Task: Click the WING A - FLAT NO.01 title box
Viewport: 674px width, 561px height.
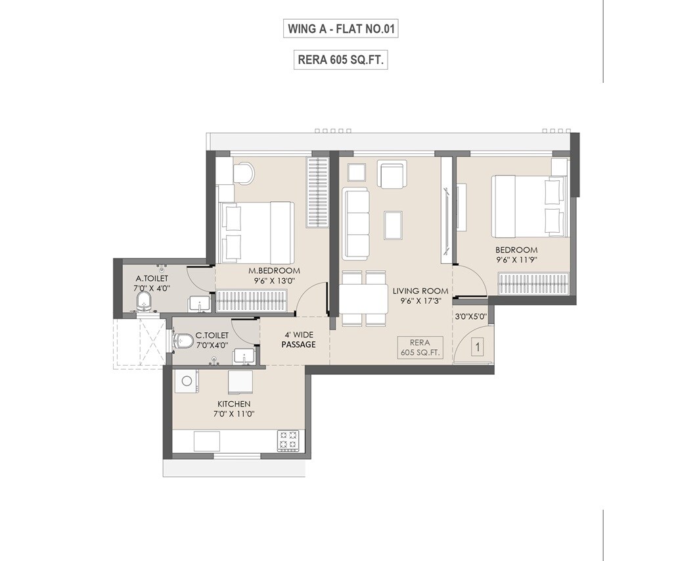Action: (341, 29)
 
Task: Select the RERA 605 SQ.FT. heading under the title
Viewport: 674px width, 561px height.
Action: (341, 60)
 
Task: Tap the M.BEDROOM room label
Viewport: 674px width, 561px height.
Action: (274, 271)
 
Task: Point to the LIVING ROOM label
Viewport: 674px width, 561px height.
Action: (420, 291)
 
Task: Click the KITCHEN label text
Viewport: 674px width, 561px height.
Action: (234, 404)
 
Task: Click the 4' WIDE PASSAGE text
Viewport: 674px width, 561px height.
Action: (298, 339)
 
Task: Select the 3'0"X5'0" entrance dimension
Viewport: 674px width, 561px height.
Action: (470, 316)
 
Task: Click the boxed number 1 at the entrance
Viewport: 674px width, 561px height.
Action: (479, 346)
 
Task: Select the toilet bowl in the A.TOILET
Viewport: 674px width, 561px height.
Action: (145, 303)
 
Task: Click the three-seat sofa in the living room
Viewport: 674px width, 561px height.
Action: (355, 224)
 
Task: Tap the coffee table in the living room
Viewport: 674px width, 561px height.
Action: (393, 224)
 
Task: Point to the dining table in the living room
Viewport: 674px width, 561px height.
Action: (363, 299)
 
